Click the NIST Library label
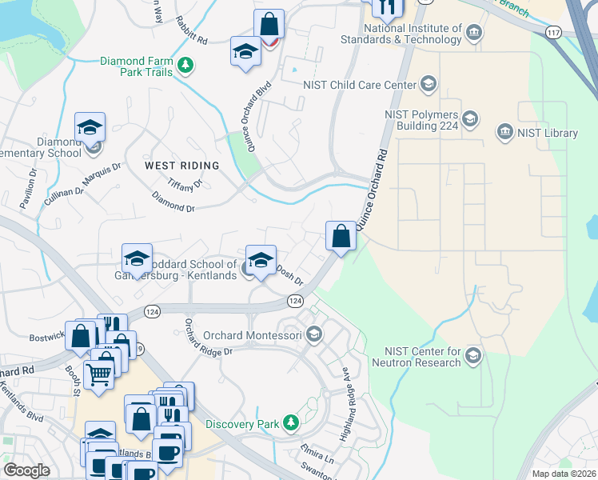[x=548, y=133]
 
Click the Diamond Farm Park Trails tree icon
[x=185, y=64]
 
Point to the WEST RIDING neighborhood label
[x=181, y=166]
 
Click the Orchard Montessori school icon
[x=313, y=334]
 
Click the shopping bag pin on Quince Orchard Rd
[x=341, y=236]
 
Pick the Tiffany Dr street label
[x=185, y=183]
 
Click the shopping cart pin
[x=98, y=373]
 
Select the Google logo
[x=26, y=470]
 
